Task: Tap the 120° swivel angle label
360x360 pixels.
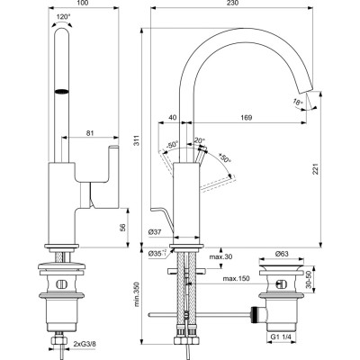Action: [x=62, y=17]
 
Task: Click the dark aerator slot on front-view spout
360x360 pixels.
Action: [x=62, y=91]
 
